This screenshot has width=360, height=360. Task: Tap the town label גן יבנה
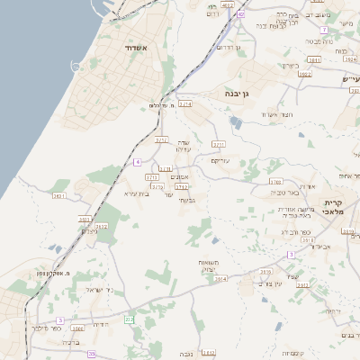tap(243, 92)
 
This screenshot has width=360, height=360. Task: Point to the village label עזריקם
tap(221, 160)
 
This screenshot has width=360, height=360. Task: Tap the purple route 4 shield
tap(137, 162)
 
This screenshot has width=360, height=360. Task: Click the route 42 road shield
tap(240, 15)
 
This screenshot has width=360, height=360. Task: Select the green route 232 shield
tap(129, 319)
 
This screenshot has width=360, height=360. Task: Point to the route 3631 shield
tap(59, 195)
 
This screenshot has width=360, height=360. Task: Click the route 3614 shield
tap(220, 279)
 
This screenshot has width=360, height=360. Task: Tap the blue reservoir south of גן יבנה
tap(236, 121)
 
